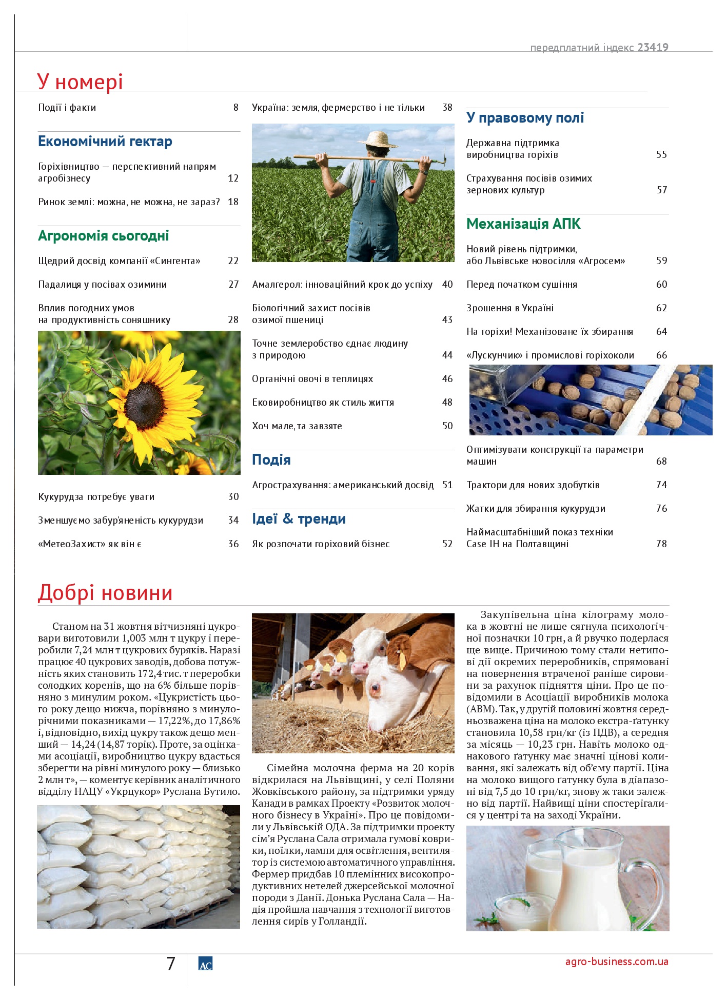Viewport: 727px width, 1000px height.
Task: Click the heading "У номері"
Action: [80, 82]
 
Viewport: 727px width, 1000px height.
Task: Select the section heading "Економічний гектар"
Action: [105, 142]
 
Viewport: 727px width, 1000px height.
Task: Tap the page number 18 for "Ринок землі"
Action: [233, 202]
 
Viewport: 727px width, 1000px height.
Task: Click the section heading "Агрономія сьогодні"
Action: [103, 236]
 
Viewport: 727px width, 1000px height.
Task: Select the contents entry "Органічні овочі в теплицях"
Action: [312, 379]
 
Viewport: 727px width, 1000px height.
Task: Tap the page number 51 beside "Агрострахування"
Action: [447, 485]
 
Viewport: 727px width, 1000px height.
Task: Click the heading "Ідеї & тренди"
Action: [299, 519]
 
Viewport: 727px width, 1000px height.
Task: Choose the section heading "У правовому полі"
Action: [524, 118]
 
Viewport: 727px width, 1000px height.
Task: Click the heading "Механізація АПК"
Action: [523, 224]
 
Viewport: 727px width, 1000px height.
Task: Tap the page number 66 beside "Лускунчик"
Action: [661, 355]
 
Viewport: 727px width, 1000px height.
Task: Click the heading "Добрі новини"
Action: [105, 593]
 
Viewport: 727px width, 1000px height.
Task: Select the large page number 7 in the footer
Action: [171, 964]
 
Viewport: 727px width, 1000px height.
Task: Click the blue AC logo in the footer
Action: [205, 964]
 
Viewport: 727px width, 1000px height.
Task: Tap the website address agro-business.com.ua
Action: [616, 962]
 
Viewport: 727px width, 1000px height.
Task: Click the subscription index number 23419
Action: [653, 48]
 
